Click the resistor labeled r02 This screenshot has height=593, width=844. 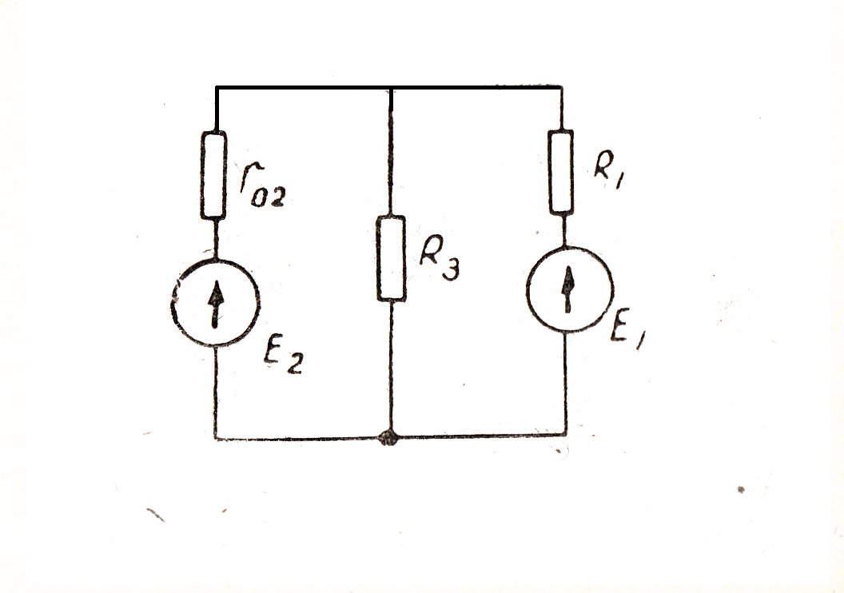[x=214, y=175]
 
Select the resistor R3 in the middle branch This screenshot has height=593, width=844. [x=391, y=257]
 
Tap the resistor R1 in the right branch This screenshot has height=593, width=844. [x=562, y=172]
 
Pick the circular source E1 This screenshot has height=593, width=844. [x=569, y=288]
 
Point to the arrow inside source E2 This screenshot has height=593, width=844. [x=215, y=306]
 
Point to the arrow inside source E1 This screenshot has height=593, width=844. [x=569, y=289]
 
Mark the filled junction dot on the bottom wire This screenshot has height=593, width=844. [x=389, y=438]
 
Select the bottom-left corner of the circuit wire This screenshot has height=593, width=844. [x=216, y=437]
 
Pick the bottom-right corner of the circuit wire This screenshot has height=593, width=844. [x=566, y=436]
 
